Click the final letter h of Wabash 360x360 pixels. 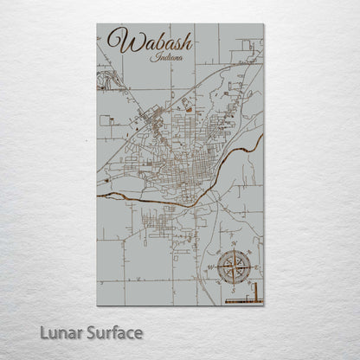(x=185, y=41)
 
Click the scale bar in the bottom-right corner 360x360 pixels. (x=243, y=299)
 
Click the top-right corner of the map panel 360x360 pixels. (x=263, y=24)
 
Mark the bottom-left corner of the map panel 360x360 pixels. (x=97, y=305)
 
